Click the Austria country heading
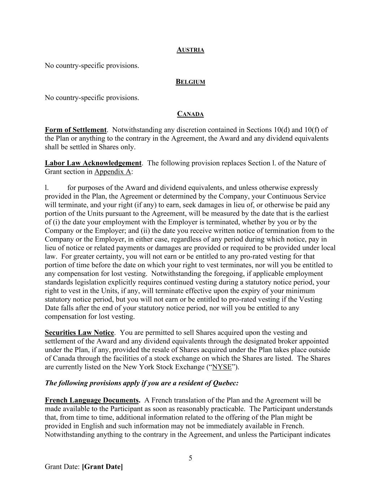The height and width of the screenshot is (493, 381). click(x=190, y=50)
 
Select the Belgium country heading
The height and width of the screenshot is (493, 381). click(x=190, y=82)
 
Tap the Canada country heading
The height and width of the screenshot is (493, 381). click(x=190, y=114)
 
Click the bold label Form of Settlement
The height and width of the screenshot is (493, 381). click(x=75, y=130)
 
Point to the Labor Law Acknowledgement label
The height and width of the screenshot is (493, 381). click(x=93, y=163)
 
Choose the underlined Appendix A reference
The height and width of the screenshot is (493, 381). click(x=113, y=172)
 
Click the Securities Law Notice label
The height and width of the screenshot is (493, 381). click(x=79, y=333)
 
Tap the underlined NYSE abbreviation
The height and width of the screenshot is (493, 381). click(x=222, y=367)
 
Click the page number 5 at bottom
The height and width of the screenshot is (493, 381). click(x=190, y=458)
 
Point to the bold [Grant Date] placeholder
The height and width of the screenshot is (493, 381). click(x=103, y=467)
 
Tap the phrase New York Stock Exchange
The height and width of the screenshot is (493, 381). click(x=165, y=367)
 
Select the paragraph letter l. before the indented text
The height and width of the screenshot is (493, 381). click(x=47, y=188)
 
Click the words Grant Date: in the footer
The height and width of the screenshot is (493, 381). click(x=62, y=467)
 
